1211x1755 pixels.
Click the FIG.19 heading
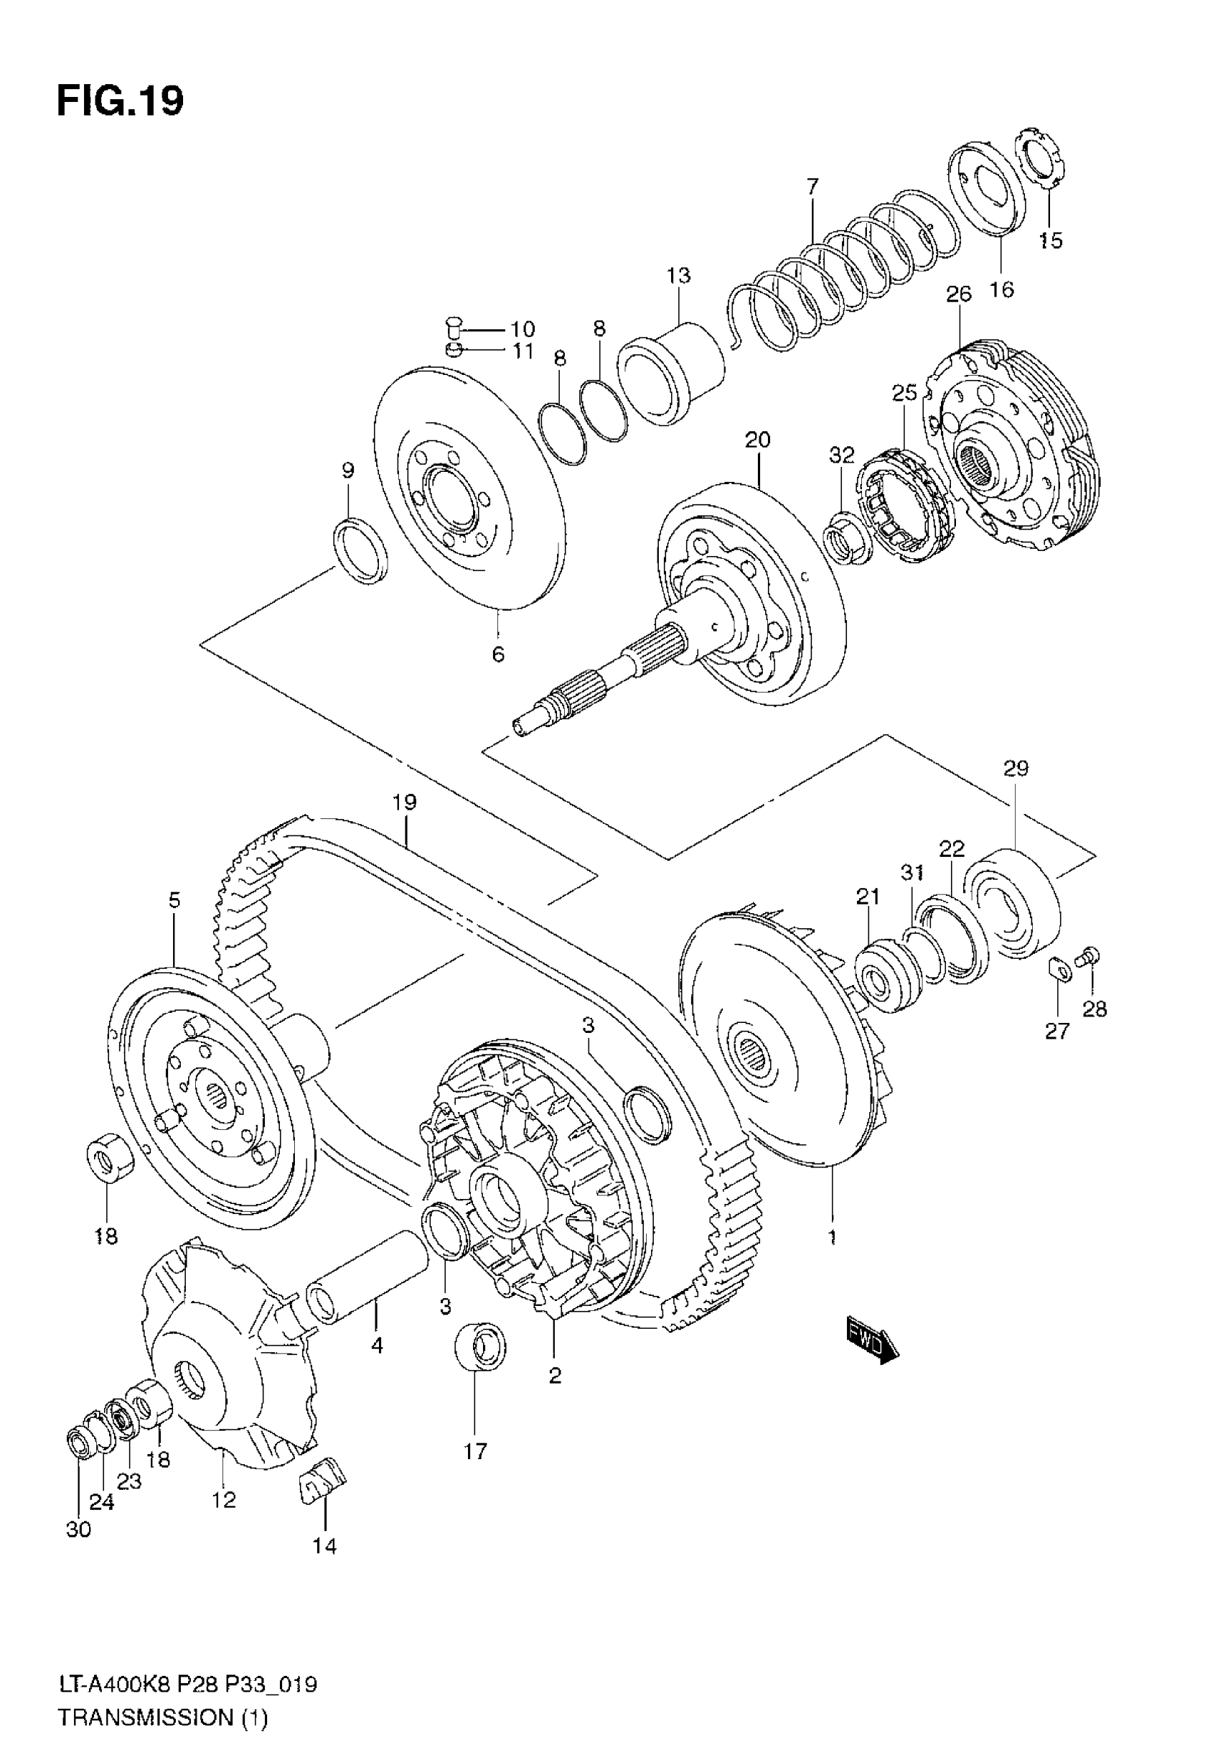pyautogui.click(x=120, y=101)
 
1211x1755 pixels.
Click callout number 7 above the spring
pyautogui.click(x=813, y=186)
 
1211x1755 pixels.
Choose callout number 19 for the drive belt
pyautogui.click(x=405, y=803)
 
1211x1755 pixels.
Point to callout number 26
pyautogui.click(x=959, y=294)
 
